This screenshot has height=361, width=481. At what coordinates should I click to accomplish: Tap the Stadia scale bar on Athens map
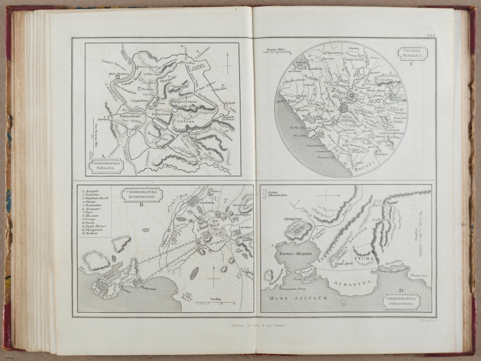[x=215, y=303]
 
